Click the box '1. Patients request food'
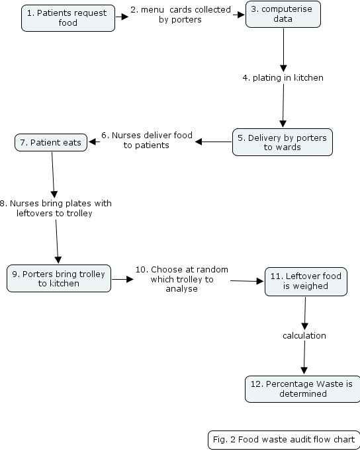[x=68, y=18]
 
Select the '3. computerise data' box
[x=283, y=15]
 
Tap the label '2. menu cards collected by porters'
[x=181, y=15]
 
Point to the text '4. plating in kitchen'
[x=283, y=78]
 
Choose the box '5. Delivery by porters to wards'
[x=283, y=142]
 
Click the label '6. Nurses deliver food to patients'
[x=147, y=140]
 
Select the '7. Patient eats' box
[x=51, y=142]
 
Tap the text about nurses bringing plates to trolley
[x=55, y=208]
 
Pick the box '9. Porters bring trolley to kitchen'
[x=59, y=278]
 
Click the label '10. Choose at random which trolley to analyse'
[x=182, y=279]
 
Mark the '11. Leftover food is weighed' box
[x=306, y=282]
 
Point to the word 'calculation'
[x=304, y=336]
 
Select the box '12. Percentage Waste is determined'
[x=302, y=389]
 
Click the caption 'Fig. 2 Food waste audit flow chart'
[x=284, y=440]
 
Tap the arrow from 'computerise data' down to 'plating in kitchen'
[x=283, y=50]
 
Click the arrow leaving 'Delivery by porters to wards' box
[x=214, y=142]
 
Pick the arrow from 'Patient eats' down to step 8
[x=53, y=175]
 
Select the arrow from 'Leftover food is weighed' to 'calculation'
[x=305, y=313]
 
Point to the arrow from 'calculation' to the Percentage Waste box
[x=304, y=357]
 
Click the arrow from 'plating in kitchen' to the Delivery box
[x=283, y=106]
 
